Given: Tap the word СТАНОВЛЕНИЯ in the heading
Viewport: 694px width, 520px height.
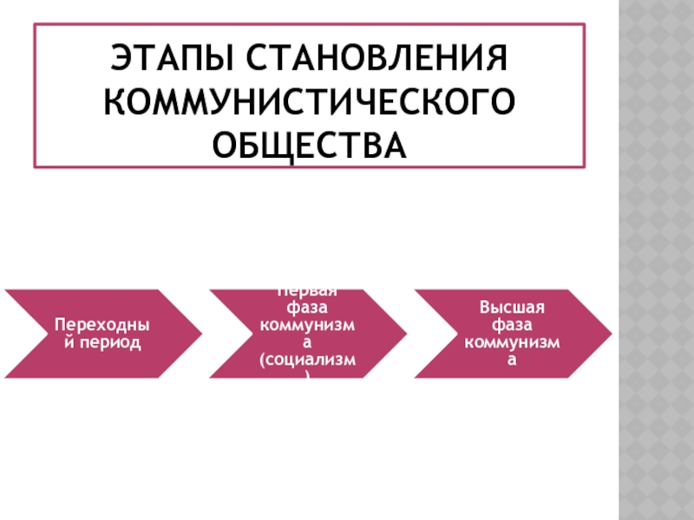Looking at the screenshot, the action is point(378,61).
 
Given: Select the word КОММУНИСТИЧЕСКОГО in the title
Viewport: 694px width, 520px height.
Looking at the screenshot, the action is point(308,102).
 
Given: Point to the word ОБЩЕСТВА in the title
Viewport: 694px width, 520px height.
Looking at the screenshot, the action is point(309,144).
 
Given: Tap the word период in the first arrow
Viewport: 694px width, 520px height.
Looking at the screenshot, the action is point(109,343).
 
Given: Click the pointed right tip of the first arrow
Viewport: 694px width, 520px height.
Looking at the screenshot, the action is point(200,334).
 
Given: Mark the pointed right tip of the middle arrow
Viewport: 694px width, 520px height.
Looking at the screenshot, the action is point(405,334).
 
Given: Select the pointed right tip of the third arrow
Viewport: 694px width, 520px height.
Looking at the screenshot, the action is point(610,334).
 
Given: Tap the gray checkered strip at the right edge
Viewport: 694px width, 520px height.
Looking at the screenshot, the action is point(656,260).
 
